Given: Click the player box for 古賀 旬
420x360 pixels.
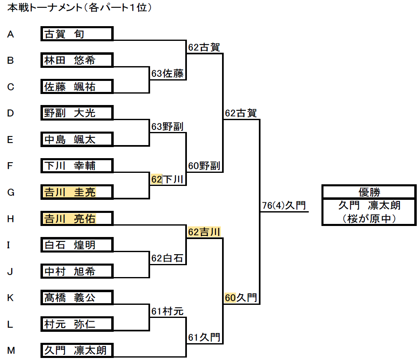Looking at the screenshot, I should (77, 34).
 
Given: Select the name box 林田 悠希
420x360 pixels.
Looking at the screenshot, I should (77, 60).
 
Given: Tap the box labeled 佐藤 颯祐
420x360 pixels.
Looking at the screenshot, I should (77, 87).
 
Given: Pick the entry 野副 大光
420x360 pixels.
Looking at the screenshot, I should (77, 113).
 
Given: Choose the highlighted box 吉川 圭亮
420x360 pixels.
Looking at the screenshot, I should (77, 192).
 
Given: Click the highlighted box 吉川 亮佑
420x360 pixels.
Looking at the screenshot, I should (77, 219).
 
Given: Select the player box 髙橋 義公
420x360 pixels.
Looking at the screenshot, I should (77, 297).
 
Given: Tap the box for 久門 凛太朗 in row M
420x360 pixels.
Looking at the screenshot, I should (77, 350).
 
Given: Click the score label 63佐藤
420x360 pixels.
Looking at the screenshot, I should (167, 74).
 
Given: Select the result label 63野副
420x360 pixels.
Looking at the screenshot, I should (167, 127).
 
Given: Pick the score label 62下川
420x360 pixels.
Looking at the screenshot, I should (167, 179).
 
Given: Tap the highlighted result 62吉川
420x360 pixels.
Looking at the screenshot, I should (204, 232).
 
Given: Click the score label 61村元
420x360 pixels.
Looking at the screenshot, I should (167, 311).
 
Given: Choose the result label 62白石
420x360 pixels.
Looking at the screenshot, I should (167, 258).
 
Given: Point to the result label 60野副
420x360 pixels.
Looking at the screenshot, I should (204, 166).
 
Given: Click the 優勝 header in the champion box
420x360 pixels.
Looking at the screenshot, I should (369, 192).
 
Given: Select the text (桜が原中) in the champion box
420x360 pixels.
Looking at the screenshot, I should (369, 218).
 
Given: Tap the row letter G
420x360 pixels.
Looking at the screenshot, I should (11, 192).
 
